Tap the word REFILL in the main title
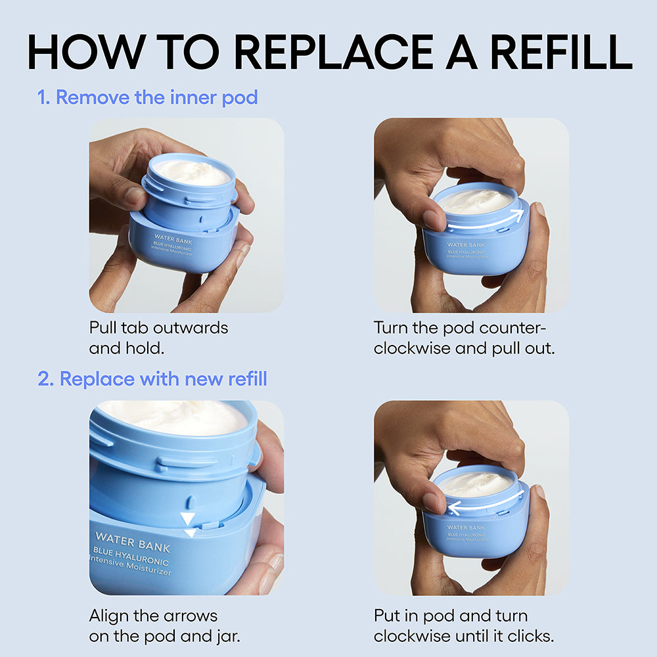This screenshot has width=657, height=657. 555,51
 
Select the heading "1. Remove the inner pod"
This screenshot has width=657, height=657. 148,98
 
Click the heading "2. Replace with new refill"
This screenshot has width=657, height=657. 152,379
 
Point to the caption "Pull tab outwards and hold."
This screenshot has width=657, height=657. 158,337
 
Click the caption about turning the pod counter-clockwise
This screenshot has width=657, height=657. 464,337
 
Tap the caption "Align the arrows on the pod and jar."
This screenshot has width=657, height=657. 162,626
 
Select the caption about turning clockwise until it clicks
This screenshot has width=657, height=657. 464,626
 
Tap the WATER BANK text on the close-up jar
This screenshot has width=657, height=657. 132,543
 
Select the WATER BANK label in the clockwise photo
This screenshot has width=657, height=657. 466,527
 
